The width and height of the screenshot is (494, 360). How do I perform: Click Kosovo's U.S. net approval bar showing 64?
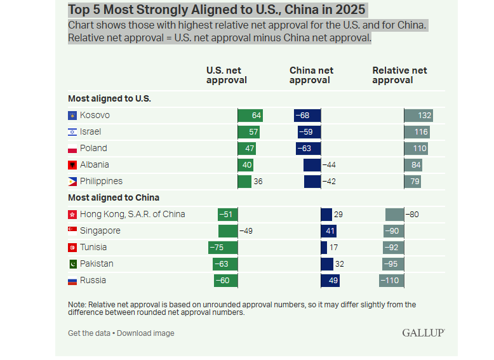[x=250, y=116]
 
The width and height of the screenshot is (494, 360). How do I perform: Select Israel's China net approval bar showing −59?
[x=309, y=132]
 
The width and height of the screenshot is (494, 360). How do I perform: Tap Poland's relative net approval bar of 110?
[x=416, y=149]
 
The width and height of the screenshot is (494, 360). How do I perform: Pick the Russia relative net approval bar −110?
[x=391, y=281]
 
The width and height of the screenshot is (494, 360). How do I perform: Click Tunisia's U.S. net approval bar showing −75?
[x=223, y=248]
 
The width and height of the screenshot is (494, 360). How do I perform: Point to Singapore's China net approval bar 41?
[x=328, y=231]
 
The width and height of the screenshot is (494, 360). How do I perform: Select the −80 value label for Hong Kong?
[x=413, y=215]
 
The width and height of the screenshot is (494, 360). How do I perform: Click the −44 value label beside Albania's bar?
[x=329, y=165]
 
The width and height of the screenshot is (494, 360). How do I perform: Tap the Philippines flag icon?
[x=72, y=182]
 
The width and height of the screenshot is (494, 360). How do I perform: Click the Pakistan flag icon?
[x=72, y=264]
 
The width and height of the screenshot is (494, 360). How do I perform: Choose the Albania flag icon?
[x=72, y=165]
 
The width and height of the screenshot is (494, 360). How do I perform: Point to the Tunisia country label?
[x=93, y=248]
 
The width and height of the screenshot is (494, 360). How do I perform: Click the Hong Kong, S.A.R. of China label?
[x=133, y=215]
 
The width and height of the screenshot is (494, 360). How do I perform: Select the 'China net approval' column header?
[x=311, y=75]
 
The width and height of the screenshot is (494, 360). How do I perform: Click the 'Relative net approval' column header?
[x=399, y=75]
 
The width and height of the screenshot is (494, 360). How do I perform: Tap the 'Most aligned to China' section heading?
[x=114, y=197]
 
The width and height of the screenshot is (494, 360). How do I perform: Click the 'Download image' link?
[x=145, y=333]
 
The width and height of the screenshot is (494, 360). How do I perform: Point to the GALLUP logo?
[x=423, y=333]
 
